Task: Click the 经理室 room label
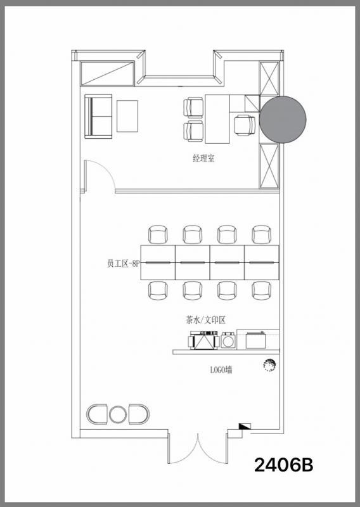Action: point(203,158)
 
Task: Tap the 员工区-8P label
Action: point(123,264)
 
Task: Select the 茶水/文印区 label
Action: point(205,320)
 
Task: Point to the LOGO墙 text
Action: point(221,369)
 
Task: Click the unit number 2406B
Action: point(284,465)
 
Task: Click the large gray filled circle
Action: point(283,119)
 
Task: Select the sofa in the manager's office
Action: point(98,117)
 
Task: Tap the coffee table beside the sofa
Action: point(127,116)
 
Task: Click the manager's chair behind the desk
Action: point(245,125)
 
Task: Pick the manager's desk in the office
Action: point(217,119)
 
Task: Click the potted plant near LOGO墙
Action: point(269,365)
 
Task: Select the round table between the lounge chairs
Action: point(118,414)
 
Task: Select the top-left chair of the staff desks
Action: point(158,234)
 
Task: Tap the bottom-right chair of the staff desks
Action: point(262,290)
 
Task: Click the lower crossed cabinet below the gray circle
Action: point(269,166)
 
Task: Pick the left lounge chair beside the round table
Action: point(97,414)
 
